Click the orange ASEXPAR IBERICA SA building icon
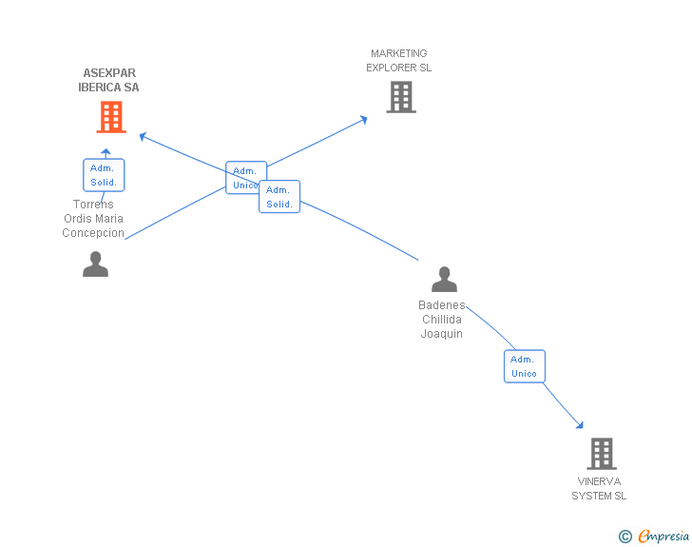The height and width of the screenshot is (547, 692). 111,117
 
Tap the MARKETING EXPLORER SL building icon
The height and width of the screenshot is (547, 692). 401,97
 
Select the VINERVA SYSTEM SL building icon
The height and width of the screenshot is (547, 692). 602,454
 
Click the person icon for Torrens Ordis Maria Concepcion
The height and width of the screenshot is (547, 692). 95,264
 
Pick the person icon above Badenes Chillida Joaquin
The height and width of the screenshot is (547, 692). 444,280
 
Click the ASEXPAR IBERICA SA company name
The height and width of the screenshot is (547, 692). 109,80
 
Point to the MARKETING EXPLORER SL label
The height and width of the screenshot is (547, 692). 399,61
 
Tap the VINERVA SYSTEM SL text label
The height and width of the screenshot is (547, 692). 599,488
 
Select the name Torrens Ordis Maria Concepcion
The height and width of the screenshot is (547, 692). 93,218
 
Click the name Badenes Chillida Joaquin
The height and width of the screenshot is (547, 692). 442,319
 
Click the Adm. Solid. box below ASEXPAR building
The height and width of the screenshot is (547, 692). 104,175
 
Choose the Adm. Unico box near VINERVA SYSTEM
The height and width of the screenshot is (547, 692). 525,366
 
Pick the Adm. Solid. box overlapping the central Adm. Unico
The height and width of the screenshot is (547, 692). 279,197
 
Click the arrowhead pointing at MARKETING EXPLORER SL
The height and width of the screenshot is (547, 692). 364,119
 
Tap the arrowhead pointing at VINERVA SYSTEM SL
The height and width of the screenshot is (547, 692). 580,425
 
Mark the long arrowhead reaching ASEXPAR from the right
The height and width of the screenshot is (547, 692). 143,137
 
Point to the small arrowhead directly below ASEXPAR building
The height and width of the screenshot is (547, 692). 106,152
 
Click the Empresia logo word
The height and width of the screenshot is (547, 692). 663,536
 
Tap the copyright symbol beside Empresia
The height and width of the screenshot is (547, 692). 625,537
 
